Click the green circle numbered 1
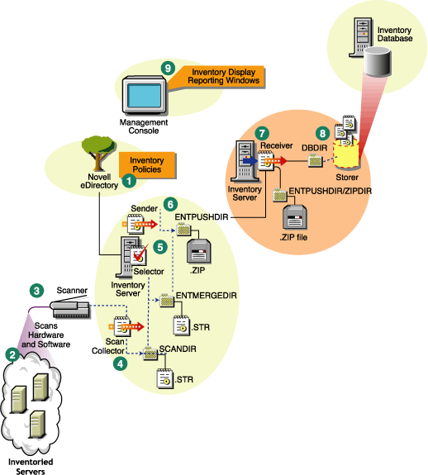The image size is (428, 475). tap(129, 177)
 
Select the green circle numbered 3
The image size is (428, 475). tap(36, 290)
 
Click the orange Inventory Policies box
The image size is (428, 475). tap(148, 164)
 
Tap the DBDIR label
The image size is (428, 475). tap(315, 147)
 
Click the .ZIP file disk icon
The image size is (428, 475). tap(293, 220)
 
